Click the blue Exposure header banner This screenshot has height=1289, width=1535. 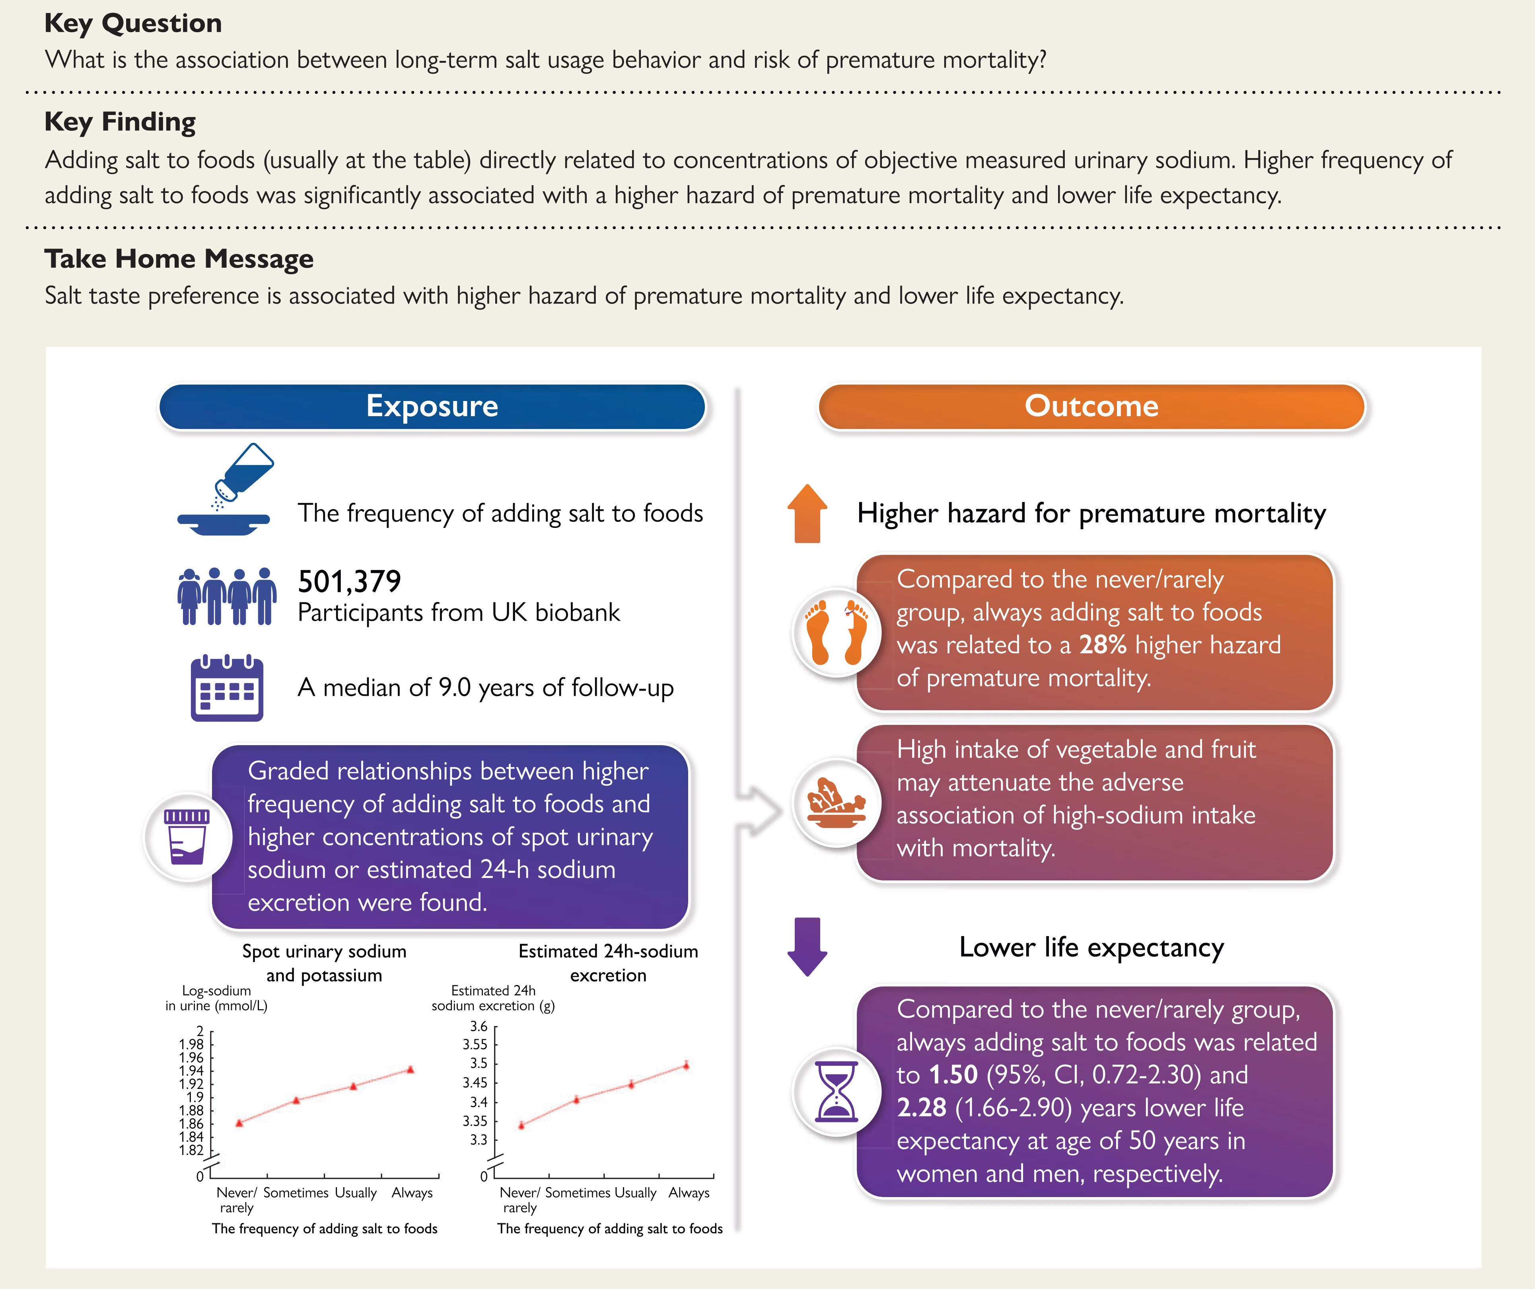[x=432, y=407]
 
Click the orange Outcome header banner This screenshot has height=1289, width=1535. [x=1091, y=407]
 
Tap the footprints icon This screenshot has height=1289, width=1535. [x=836, y=633]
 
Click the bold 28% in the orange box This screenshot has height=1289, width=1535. [x=1102, y=645]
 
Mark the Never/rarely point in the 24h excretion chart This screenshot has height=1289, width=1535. [x=521, y=1125]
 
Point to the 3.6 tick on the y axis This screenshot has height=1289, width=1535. [x=479, y=1026]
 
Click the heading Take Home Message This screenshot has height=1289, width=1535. [x=179, y=259]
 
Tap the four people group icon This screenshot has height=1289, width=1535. [x=227, y=596]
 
